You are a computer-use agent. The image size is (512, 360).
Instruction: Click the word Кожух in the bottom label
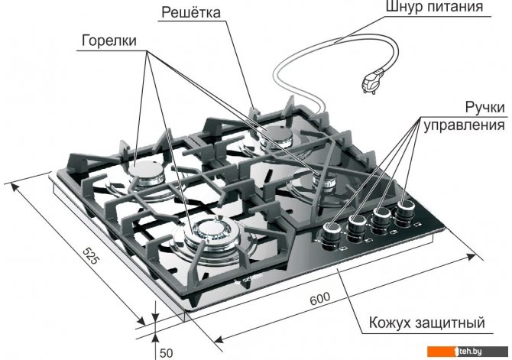389,323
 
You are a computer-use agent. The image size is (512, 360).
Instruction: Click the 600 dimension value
322,299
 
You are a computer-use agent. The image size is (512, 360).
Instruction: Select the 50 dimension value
165,352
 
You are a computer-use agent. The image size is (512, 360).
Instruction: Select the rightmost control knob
404,207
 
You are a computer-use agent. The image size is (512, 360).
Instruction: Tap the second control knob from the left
357,225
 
